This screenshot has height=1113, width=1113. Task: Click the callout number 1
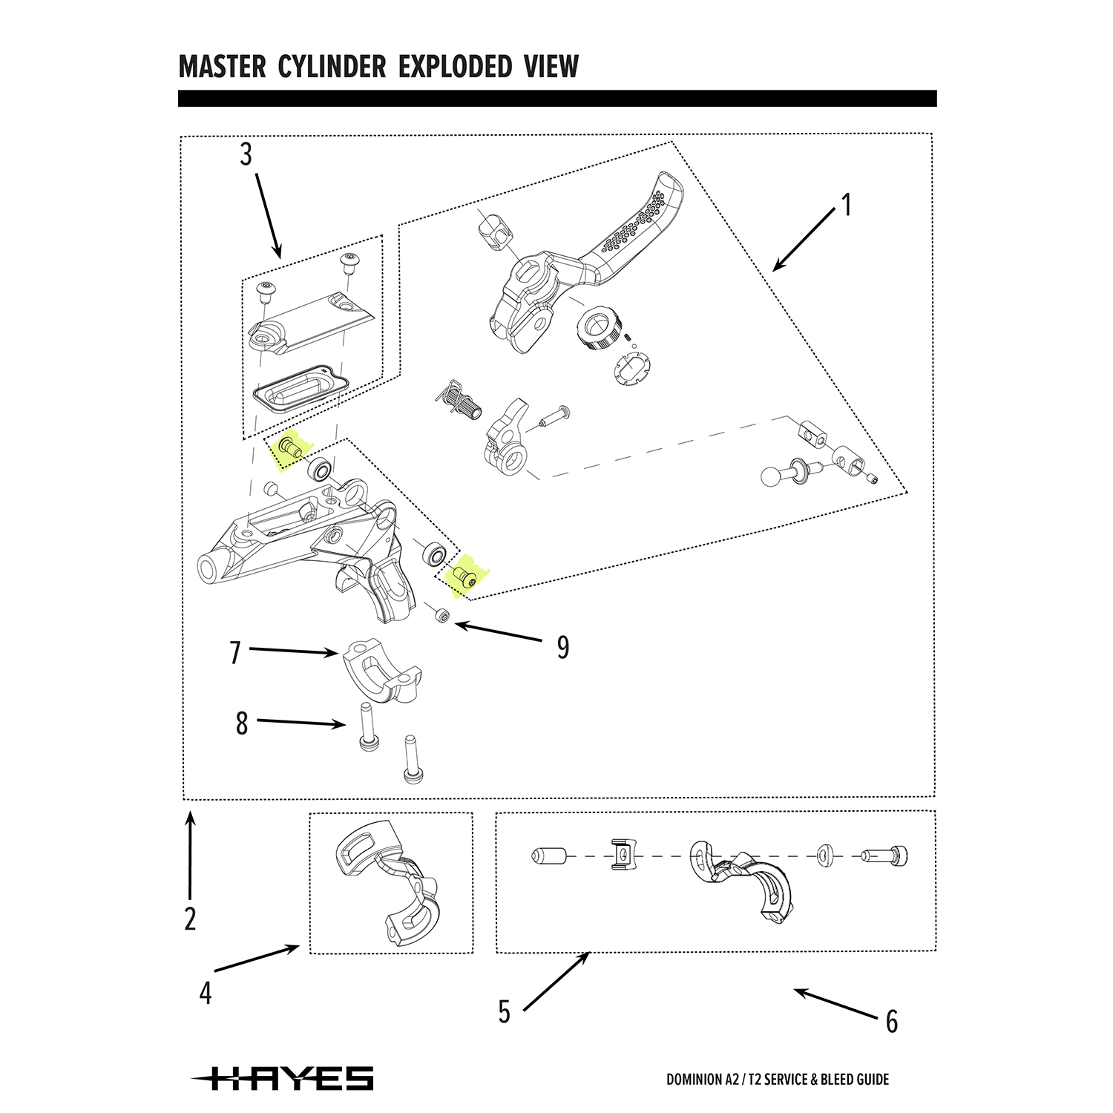coord(847,205)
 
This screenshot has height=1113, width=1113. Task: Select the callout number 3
coord(246,154)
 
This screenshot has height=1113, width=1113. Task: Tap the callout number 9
coord(563,648)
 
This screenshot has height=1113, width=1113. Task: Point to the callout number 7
coord(235,653)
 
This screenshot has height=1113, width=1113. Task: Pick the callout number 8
coord(242,723)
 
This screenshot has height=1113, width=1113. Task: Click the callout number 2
coord(191,919)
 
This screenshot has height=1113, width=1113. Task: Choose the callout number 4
coord(206,994)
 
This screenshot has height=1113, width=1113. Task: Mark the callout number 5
coord(505,1012)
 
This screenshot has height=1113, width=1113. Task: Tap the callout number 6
coord(892,1022)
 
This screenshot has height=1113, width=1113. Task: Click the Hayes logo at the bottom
coord(283,1078)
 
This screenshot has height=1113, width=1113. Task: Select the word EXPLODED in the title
coord(455,67)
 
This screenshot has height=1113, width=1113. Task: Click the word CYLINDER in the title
coord(332,67)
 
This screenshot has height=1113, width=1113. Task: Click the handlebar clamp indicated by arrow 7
coord(383,672)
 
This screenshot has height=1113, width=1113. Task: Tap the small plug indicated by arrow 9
coord(444,616)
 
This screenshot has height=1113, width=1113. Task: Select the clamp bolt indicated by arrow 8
coord(365,726)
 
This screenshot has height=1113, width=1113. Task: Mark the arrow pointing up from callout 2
coord(191,853)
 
